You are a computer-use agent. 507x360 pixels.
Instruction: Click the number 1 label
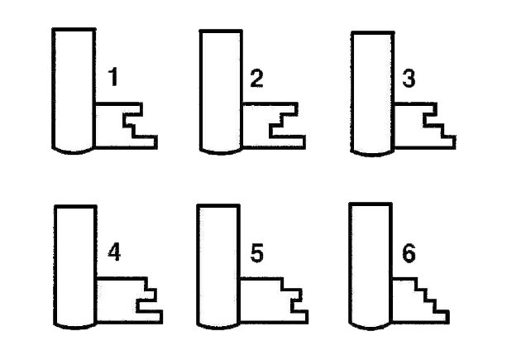coord(112,77)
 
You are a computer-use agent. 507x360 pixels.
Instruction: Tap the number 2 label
coord(257,79)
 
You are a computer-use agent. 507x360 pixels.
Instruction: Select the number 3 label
coord(409,79)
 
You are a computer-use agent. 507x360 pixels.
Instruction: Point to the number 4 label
coord(114,252)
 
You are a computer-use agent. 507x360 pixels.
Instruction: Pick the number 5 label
coord(257,253)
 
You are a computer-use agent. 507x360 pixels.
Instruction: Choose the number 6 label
coord(409,253)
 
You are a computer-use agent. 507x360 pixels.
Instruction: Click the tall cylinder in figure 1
coord(74,90)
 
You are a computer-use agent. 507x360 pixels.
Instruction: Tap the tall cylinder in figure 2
coord(221,92)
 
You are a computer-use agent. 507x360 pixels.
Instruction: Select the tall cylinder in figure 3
coord(372,94)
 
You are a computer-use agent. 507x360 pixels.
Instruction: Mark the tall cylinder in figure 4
coord(75,266)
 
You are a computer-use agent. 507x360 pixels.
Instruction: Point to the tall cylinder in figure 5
coord(218,266)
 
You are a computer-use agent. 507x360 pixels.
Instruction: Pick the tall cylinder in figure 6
coord(371,266)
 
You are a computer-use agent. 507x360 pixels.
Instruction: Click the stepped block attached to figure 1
coord(110,126)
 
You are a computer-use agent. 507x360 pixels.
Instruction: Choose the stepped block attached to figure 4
coord(117,300)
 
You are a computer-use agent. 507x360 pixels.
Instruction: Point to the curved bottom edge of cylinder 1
coord(74,152)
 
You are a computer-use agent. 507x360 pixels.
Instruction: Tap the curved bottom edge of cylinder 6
coord(371,328)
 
